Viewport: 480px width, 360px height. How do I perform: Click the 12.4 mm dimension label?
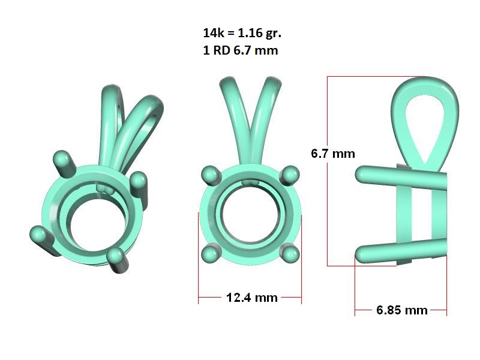(x=251, y=298)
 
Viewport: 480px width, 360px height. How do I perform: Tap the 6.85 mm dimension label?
(x=401, y=310)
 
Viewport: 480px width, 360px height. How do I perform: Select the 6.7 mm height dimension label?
(x=333, y=154)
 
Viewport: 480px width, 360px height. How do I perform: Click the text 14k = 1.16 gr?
(x=242, y=33)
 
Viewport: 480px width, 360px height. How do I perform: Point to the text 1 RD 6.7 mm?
(x=241, y=50)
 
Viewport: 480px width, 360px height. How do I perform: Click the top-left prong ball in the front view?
(x=211, y=175)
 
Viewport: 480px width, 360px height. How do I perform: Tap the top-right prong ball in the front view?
(x=290, y=175)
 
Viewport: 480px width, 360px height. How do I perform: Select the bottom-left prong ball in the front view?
(x=211, y=254)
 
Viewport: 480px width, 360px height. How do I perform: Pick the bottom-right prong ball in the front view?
(x=290, y=254)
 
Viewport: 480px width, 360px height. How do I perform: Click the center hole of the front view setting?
(x=250, y=215)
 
